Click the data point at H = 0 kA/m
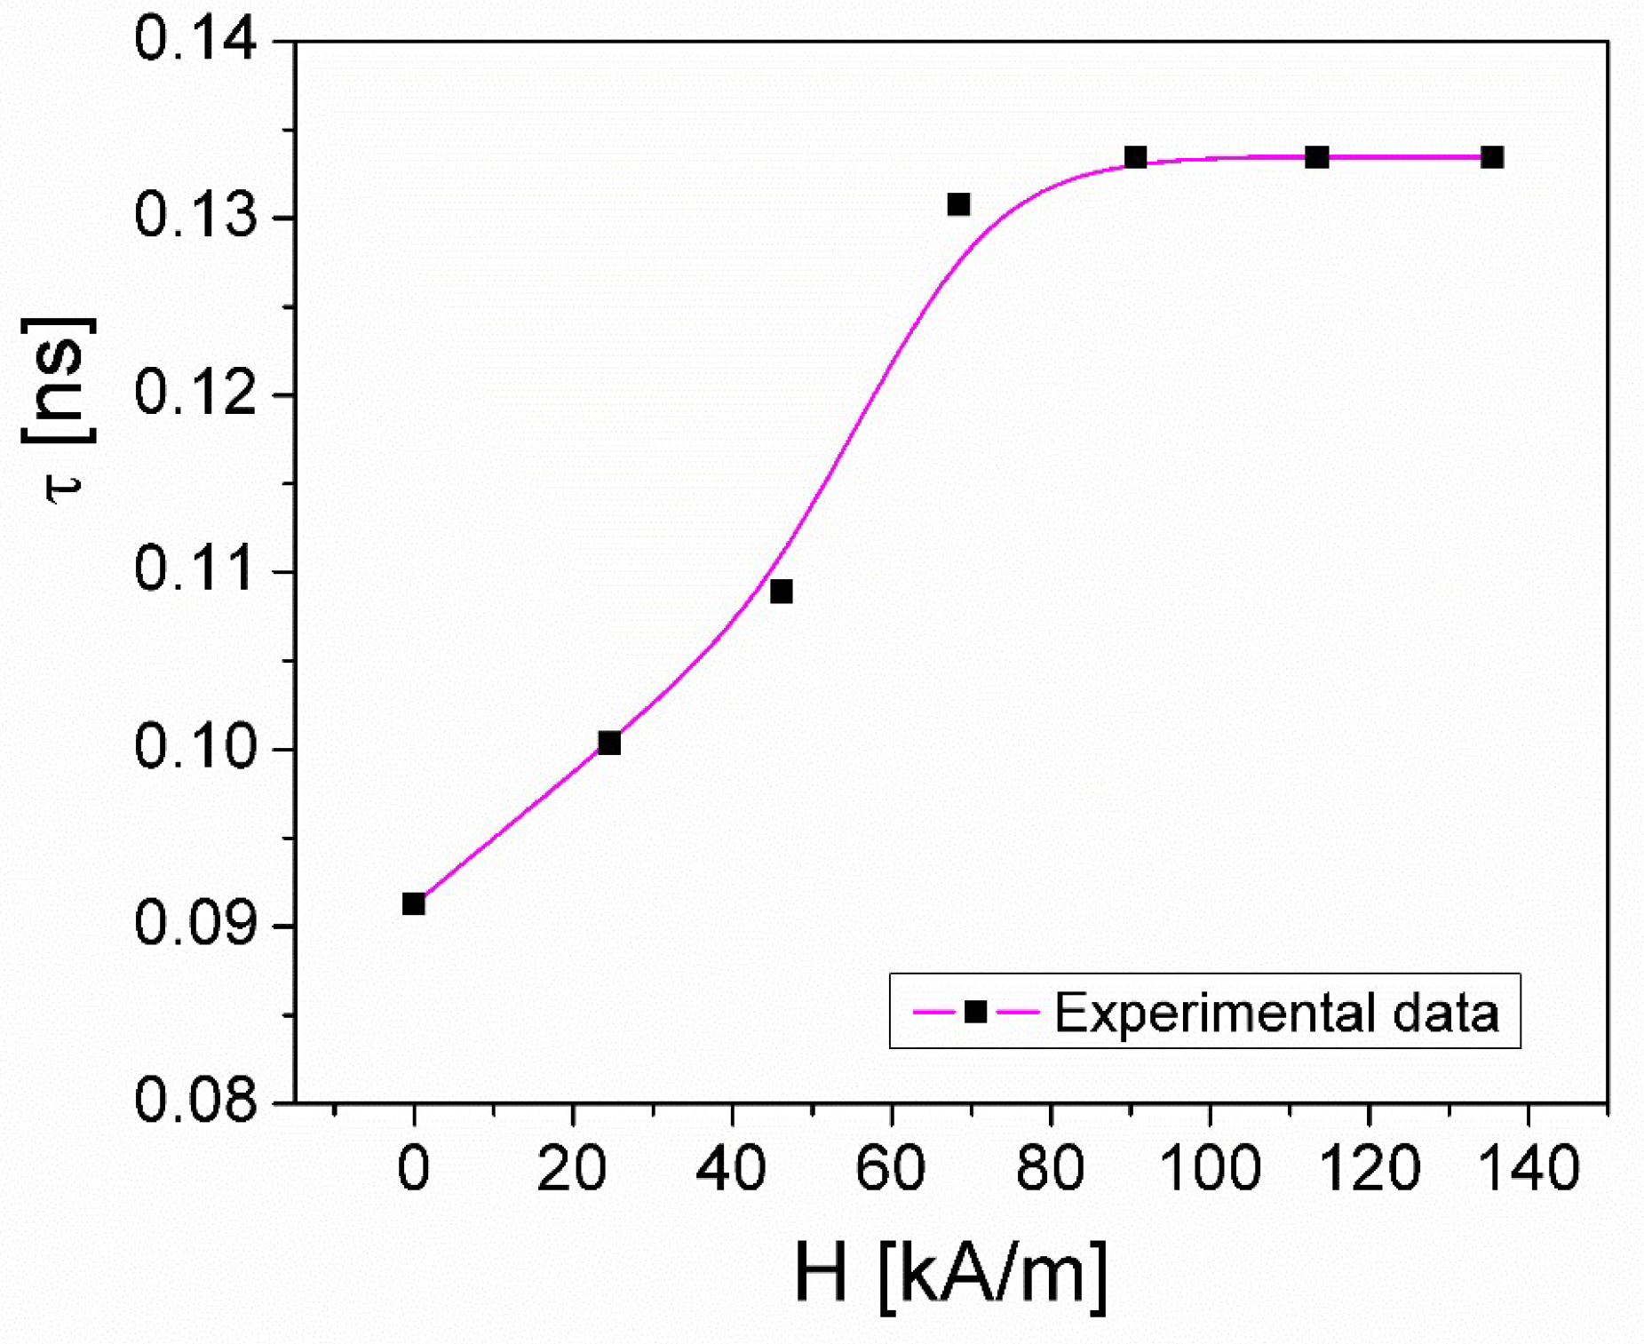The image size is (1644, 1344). (414, 904)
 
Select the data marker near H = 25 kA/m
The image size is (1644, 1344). (609, 743)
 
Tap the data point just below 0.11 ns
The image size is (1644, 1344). (782, 592)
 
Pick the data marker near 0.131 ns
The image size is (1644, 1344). (958, 205)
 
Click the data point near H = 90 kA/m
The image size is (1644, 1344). (1136, 158)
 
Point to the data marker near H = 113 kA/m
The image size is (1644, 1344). (1317, 158)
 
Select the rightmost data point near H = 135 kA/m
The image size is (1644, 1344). (1493, 158)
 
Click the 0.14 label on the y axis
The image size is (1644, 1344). (196, 40)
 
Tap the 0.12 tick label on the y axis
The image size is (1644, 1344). (196, 394)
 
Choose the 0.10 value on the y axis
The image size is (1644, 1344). (196, 747)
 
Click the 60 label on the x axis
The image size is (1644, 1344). (891, 1168)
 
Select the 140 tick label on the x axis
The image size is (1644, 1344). (1528, 1168)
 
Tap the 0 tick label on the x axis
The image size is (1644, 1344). (414, 1168)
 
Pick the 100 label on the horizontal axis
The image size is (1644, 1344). (1210, 1168)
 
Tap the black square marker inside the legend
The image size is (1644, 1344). (976, 1012)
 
